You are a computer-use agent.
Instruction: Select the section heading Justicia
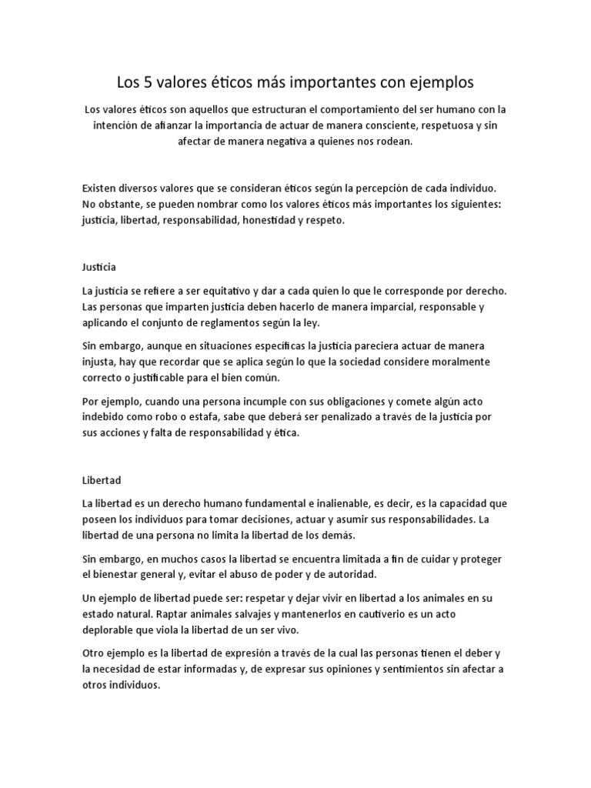point(98,266)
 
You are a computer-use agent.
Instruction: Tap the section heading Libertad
point(102,479)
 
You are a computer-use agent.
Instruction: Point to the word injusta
point(99,362)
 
